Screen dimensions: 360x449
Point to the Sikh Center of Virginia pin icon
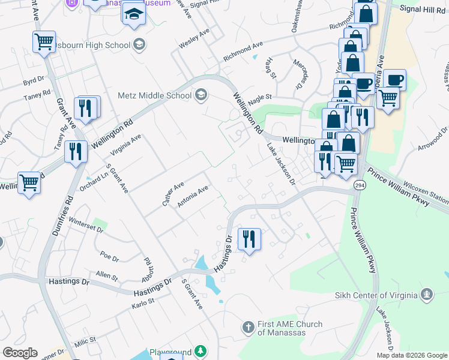[427, 295]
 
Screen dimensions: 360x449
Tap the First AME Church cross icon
[248, 328]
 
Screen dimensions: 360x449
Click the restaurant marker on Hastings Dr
[249, 239]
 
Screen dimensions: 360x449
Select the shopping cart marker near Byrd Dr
[44, 42]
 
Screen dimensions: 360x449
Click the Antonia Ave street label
[193, 196]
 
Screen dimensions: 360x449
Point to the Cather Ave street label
[172, 195]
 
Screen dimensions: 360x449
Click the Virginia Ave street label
[126, 145]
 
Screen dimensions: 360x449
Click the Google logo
[20, 353]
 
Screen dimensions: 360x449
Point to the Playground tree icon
[203, 352]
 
